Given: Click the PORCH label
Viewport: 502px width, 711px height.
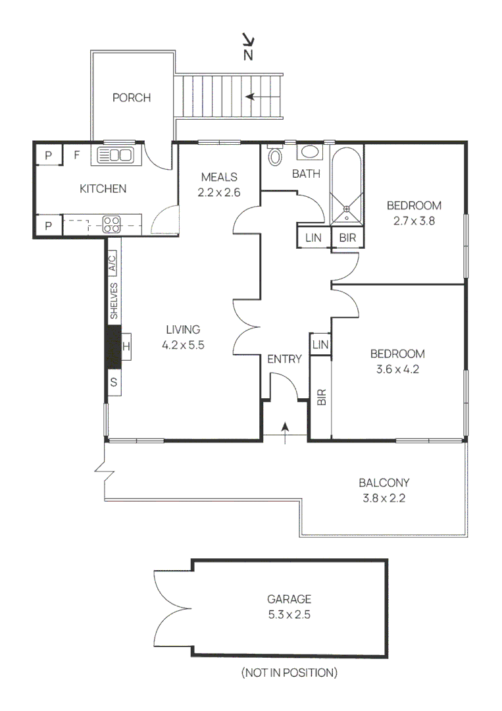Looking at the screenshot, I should (132, 98).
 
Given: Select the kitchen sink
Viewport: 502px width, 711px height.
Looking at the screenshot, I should (115, 155).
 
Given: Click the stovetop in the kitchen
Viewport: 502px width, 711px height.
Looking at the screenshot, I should (111, 224).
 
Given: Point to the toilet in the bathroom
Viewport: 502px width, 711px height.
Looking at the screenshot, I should (274, 157).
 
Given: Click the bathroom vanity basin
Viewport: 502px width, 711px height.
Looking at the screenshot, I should (309, 153).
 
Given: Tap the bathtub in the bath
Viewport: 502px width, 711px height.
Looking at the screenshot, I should (346, 184).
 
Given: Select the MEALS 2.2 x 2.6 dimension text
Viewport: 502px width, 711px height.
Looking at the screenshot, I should (219, 193).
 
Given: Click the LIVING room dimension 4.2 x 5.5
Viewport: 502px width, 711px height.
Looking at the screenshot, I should (183, 344).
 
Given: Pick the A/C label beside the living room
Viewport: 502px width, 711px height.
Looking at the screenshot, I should (113, 263).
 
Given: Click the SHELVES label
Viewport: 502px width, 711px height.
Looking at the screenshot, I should (113, 301).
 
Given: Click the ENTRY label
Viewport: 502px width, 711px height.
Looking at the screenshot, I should (284, 359).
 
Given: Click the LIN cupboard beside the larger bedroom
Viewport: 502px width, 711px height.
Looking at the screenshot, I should (320, 345).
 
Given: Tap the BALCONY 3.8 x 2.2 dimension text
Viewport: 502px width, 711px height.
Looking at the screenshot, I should (385, 498).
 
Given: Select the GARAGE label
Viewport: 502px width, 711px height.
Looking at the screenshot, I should (289, 599).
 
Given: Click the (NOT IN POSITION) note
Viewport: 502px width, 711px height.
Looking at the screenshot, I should (289, 673).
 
